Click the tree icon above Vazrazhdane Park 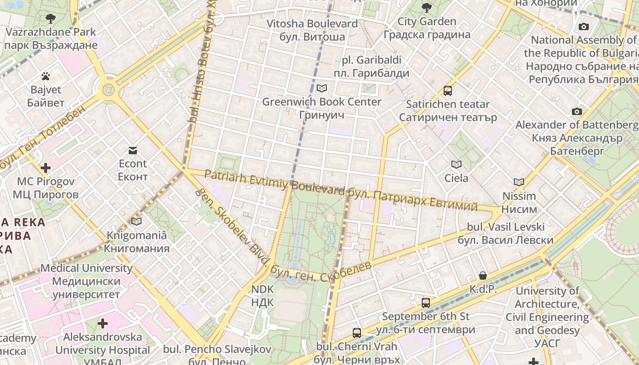[x=50, y=19]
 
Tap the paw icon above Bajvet [x=45, y=76]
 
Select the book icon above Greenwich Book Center [x=322, y=88]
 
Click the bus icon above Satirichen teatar [x=448, y=91]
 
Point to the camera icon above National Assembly [x=583, y=27]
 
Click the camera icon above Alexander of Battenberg [x=577, y=111]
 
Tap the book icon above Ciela [x=456, y=164]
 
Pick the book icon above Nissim [x=519, y=182]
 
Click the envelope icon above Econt [x=133, y=151]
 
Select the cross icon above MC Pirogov [x=46, y=168]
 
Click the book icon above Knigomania [x=136, y=222]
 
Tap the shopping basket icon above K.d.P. [x=483, y=276]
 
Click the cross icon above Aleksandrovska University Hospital [x=103, y=323]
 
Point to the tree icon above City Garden [x=427, y=7]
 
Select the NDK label [x=262, y=295]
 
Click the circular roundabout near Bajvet [x=108, y=89]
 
